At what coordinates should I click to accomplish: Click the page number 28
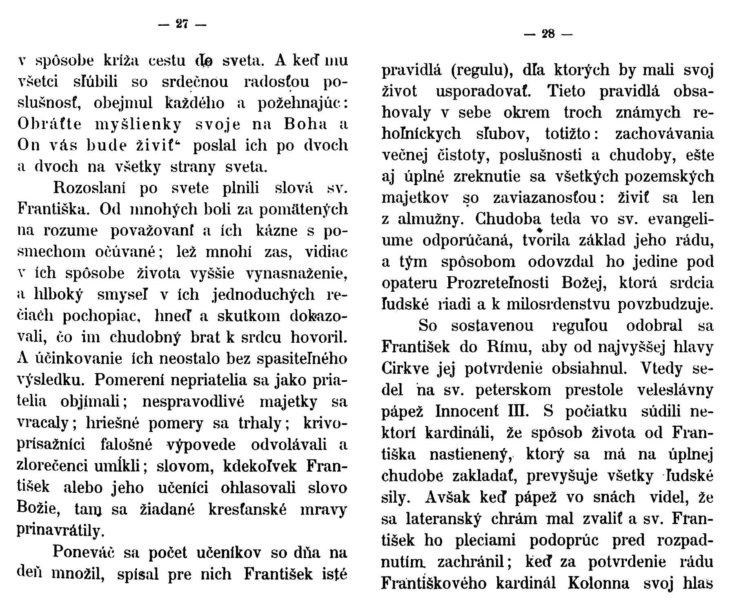(x=548, y=34)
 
